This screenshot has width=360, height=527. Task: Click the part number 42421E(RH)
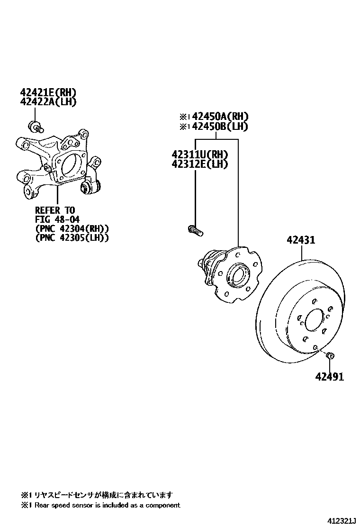(x=48, y=92)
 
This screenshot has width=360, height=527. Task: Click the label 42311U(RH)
(x=199, y=154)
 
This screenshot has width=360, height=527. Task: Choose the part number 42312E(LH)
(x=199, y=164)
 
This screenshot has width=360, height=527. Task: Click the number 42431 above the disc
(x=300, y=240)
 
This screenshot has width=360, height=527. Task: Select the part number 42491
(x=330, y=377)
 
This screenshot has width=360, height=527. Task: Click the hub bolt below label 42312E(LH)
(x=194, y=231)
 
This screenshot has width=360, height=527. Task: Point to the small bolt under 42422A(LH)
(x=36, y=126)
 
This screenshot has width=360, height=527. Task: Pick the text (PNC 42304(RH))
(x=72, y=228)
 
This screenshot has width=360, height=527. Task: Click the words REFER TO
(x=55, y=210)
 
